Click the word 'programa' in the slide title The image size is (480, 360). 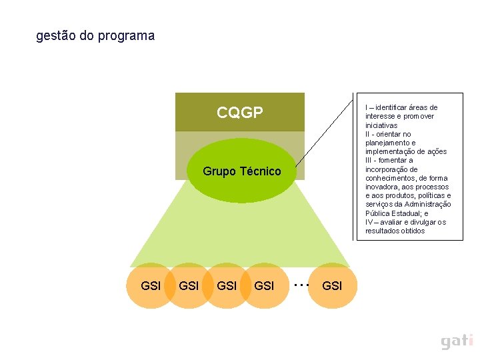coord(126,37)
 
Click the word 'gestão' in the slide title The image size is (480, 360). coord(55,36)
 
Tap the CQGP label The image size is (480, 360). coord(240,113)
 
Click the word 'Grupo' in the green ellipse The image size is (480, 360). coord(219,171)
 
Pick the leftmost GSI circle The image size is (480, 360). coord(151,286)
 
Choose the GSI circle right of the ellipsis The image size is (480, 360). coord(332,286)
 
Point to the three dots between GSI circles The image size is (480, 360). coord(301,285)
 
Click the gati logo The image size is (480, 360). coord(457,341)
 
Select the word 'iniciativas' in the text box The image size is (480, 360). coord(381,125)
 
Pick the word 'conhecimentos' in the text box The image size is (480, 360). coord(389,178)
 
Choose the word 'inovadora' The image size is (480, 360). coord(382,187)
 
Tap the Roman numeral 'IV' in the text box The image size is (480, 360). coord(369,222)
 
